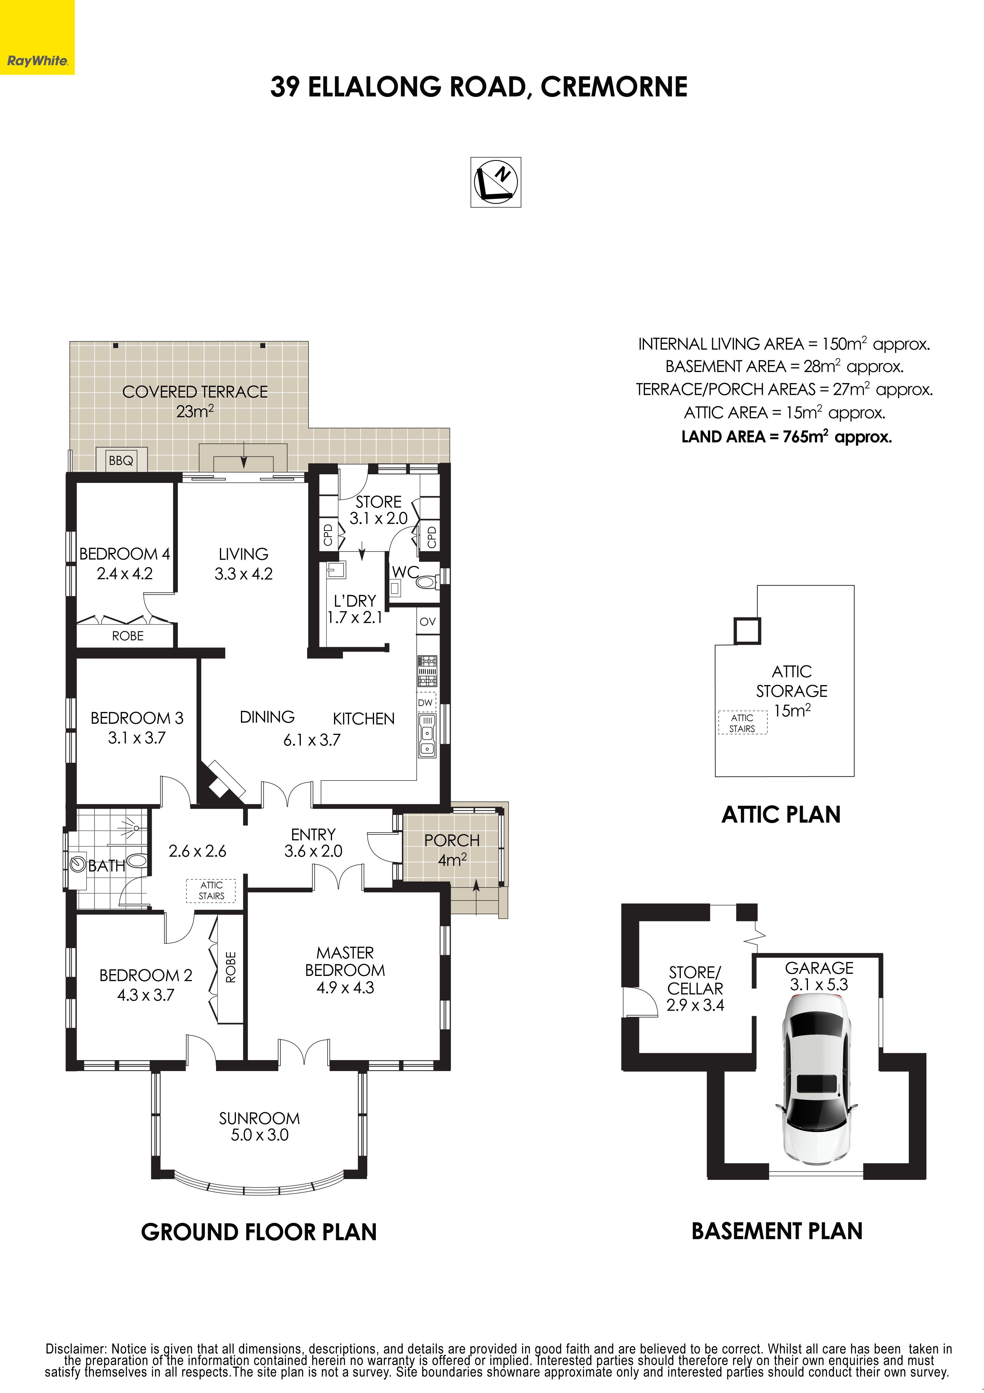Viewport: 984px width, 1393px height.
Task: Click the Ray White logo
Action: click(37, 37)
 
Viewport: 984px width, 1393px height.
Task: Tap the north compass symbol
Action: click(496, 182)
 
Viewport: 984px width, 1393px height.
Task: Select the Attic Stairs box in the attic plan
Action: click(742, 723)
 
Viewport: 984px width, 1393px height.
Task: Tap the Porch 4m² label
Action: click(452, 849)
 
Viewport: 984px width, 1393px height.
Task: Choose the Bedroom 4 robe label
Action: click(128, 636)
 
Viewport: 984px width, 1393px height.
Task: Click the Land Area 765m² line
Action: click(786, 437)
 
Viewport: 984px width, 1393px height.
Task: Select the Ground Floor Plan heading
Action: click(259, 1232)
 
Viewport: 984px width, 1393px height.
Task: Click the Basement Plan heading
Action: click(777, 1231)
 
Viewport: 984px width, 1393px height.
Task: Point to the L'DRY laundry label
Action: click(355, 609)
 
